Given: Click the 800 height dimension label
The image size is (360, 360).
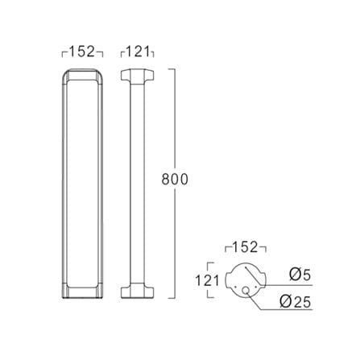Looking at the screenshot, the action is click(x=175, y=179).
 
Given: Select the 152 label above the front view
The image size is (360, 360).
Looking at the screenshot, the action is click(x=82, y=52).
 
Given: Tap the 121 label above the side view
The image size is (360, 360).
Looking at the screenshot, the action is click(x=137, y=52).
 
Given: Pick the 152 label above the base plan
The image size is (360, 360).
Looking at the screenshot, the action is click(x=245, y=247).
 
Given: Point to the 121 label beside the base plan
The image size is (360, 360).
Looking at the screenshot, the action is click(x=207, y=280).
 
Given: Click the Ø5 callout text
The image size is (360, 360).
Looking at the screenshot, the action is click(x=300, y=275).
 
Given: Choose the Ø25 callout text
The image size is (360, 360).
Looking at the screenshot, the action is click(x=296, y=302).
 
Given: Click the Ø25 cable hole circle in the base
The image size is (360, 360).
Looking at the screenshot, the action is click(x=246, y=290).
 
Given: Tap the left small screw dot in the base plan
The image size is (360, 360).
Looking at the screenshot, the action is click(x=235, y=287).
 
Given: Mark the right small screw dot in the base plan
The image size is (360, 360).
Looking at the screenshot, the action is click(x=256, y=287).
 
